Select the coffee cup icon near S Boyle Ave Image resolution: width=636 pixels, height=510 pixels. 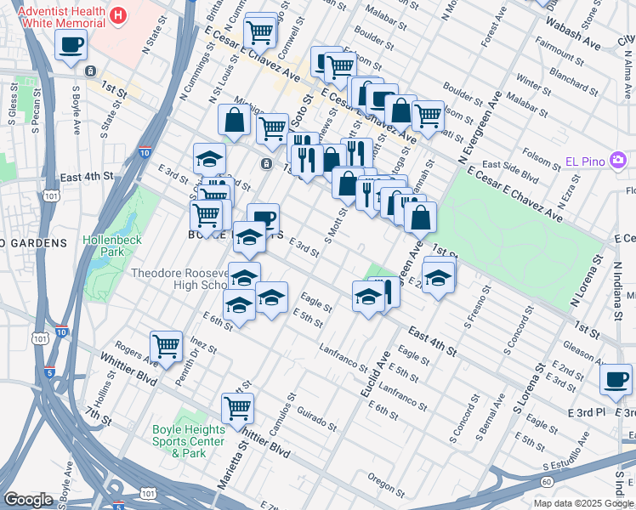[x=71, y=44]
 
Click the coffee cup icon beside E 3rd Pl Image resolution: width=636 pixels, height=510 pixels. [x=616, y=379]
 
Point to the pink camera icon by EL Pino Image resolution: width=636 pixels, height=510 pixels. [x=618, y=160]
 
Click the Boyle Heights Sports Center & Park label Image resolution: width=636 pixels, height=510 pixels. [x=189, y=441]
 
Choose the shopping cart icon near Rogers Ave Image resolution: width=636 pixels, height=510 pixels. [x=167, y=346]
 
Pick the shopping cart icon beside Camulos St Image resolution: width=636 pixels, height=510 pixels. [x=238, y=407]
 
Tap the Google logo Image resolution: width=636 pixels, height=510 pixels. [x=28, y=500]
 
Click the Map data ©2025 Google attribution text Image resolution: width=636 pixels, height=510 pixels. [x=583, y=503]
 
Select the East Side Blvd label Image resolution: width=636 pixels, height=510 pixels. [x=510, y=170]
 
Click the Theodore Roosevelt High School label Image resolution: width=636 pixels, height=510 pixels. [x=179, y=279]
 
